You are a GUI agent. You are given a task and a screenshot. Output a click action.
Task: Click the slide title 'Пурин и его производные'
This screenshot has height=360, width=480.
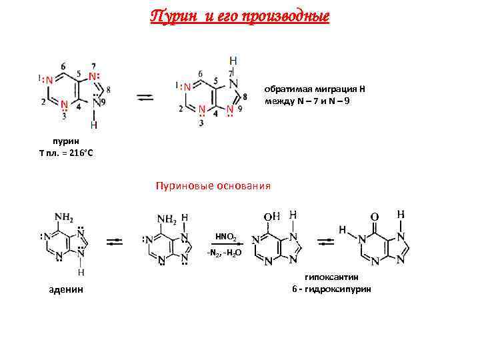(x=239, y=16)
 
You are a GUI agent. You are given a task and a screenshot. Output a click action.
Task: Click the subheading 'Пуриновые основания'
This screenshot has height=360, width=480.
(x=213, y=185)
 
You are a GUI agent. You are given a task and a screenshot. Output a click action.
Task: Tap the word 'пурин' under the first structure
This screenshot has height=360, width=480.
(x=65, y=142)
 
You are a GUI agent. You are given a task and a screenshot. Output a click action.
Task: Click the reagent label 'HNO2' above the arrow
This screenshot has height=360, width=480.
(x=225, y=236)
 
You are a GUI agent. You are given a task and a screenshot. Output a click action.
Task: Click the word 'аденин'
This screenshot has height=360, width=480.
(x=66, y=289)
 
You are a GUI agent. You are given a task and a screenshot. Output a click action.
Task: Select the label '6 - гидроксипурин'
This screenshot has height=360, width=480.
(x=331, y=289)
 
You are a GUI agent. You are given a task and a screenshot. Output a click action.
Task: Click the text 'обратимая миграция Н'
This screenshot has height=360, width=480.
(x=315, y=89)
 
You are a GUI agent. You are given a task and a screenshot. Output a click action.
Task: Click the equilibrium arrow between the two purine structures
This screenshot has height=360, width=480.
(x=145, y=98)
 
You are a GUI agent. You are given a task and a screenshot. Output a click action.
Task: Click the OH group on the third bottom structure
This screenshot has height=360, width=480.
(x=272, y=217)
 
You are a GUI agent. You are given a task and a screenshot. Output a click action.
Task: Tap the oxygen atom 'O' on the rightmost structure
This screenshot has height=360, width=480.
(x=374, y=217)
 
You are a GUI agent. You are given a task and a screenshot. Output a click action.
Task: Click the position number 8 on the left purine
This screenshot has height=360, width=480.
(x=109, y=89)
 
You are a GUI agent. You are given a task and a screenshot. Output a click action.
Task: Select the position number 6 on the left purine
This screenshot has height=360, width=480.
(x=63, y=65)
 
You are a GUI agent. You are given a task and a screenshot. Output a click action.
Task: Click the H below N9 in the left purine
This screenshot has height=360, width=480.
(x=93, y=125)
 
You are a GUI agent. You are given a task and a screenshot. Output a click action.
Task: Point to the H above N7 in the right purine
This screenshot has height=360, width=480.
(x=233, y=60)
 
